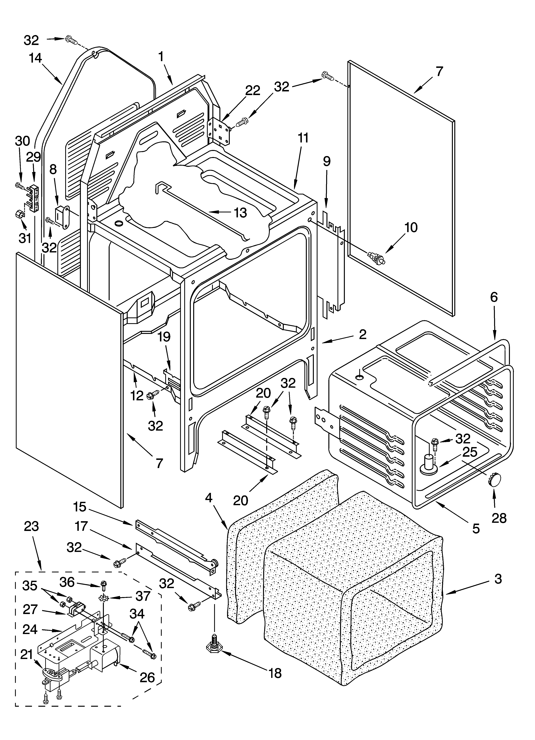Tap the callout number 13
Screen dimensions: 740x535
pos(240,212)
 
